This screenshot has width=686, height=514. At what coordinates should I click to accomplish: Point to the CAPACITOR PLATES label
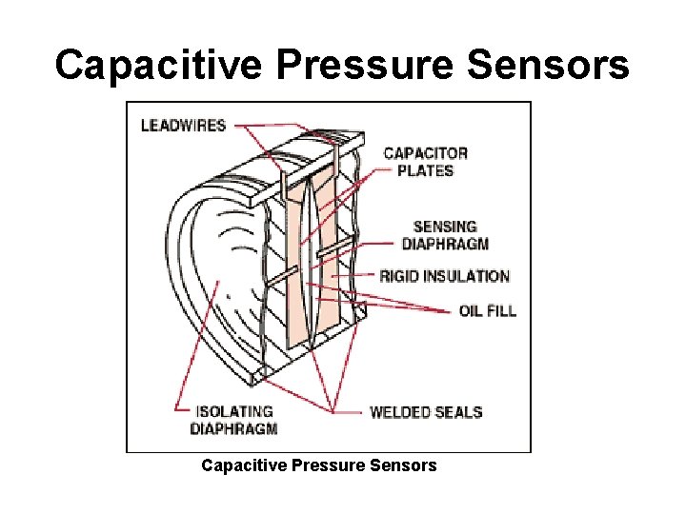[425, 162]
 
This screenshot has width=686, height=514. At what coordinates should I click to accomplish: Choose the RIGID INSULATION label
[444, 276]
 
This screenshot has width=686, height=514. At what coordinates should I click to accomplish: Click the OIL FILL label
[488, 310]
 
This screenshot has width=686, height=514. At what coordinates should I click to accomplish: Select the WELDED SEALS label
[426, 412]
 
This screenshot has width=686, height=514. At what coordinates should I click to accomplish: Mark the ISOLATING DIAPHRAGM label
[234, 420]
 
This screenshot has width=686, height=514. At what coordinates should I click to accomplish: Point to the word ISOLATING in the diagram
[234, 411]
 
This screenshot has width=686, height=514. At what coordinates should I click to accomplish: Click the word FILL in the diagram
[501, 310]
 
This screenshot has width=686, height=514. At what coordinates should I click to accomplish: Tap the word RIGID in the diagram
[398, 276]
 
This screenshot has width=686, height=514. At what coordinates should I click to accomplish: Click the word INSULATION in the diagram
[465, 276]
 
